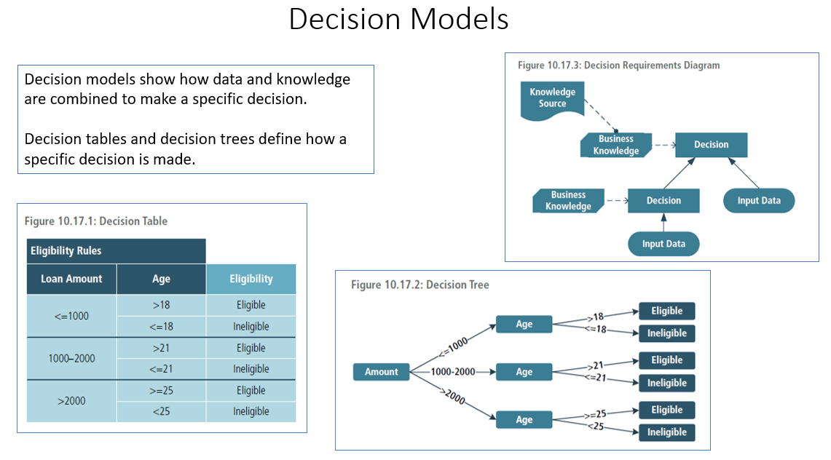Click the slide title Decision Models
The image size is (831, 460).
[398, 20]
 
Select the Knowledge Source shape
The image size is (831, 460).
[552, 98]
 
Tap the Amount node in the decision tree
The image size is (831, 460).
[381, 372]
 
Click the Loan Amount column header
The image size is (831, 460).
[71, 279]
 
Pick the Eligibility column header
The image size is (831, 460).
[251, 279]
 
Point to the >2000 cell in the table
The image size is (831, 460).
[71, 400]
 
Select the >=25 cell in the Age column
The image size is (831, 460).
[161, 390]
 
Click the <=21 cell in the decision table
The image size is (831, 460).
[161, 369]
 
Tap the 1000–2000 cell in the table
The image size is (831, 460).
[71, 358]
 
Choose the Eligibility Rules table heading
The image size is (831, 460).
[66, 250]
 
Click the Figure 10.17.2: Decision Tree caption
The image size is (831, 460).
[420, 285]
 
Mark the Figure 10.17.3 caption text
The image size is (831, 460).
[618, 66]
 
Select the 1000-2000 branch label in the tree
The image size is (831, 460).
[452, 372]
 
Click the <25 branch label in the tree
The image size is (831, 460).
[596, 426]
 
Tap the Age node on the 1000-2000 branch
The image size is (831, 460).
[524, 372]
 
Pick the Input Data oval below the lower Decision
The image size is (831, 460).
[663, 244]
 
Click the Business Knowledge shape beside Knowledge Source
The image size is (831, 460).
[615, 145]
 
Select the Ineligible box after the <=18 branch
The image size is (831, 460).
[666, 333]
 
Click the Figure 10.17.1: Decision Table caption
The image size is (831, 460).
[96, 221]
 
